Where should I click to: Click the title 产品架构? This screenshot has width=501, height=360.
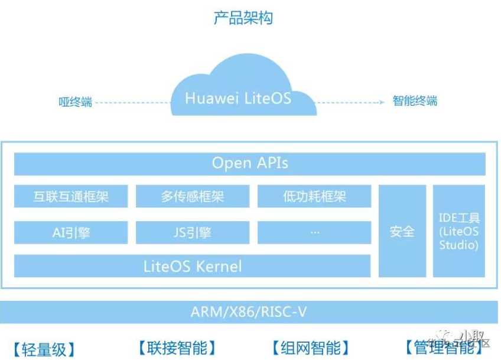[243, 18]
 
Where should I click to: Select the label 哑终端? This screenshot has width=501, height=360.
[76, 102]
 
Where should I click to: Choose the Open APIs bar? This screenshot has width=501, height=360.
[250, 163]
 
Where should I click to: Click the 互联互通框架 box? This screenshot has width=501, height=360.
[71, 196]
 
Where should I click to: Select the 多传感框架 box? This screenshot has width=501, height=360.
[193, 196]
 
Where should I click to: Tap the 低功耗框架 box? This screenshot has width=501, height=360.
[314, 196]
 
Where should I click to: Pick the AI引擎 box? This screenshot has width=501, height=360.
[71, 232]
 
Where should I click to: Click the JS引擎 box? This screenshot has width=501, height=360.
[193, 232]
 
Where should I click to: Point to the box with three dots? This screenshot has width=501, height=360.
[314, 232]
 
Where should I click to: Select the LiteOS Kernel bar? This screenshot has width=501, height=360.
[193, 266]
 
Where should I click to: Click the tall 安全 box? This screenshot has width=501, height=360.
[402, 231]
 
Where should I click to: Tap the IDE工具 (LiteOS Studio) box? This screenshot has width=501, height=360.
[459, 231]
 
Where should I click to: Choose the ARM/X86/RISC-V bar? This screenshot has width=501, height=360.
[249, 312]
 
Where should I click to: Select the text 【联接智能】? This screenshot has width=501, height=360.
[177, 348]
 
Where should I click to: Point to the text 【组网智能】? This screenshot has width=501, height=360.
[310, 348]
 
